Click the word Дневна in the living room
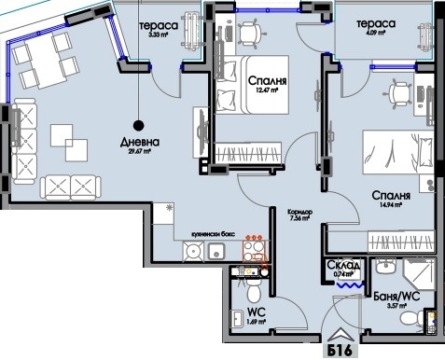click(139, 143)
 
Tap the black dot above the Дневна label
click(138, 123)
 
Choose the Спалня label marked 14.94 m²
click(392, 197)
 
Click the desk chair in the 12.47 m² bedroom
click(249, 34)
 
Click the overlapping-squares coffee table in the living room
click(68, 139)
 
